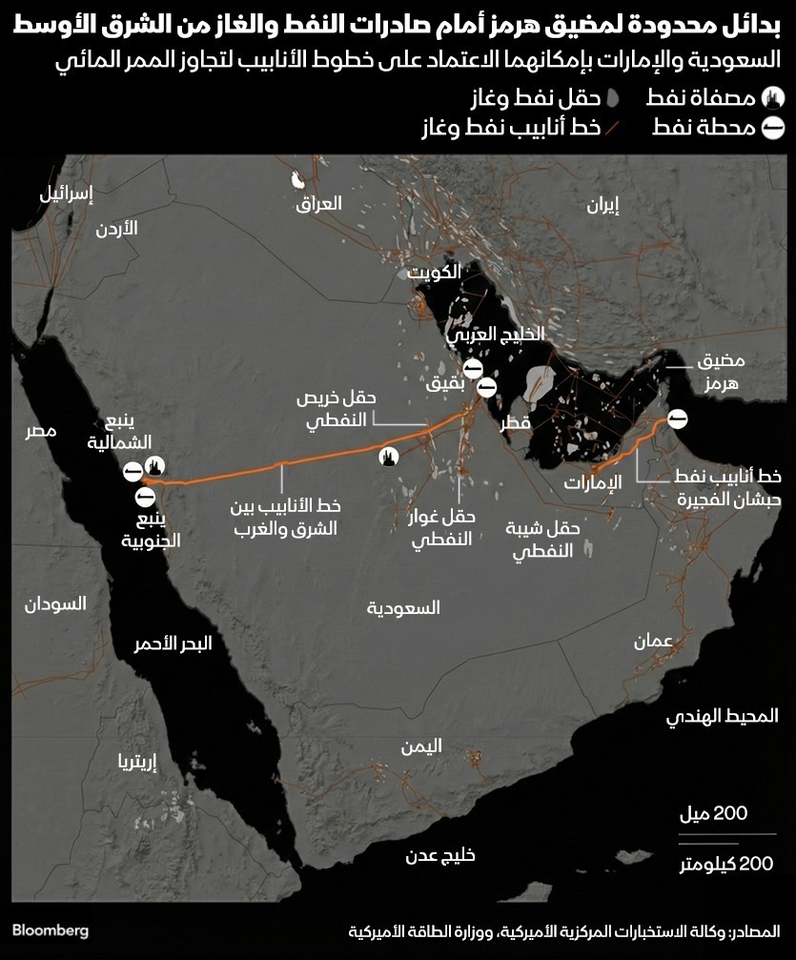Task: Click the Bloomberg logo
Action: tap(51, 929)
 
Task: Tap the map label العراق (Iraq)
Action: tap(319, 204)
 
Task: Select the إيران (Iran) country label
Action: tap(602, 203)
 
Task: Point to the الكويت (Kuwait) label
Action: tap(435, 273)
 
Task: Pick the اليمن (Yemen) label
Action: tap(421, 747)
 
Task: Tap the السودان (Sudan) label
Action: tap(54, 603)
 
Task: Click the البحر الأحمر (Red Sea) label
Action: tap(173, 643)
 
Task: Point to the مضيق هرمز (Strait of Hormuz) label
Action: tap(721, 374)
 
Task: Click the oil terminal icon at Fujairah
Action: tap(677, 418)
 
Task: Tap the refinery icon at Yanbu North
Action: tap(155, 465)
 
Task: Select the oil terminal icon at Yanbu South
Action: tap(146, 497)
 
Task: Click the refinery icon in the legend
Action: tap(774, 97)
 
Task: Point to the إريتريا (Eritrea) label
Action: tap(134, 761)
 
